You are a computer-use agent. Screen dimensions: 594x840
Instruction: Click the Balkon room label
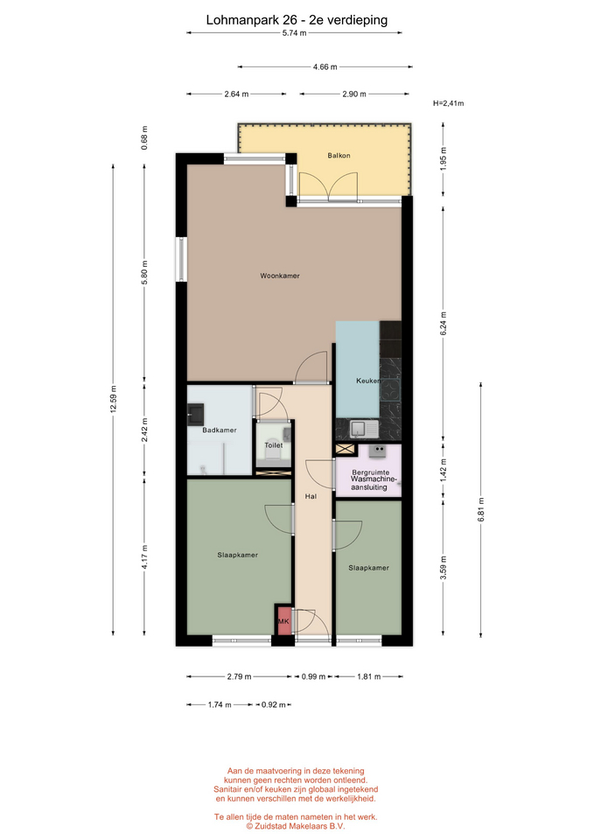click(x=339, y=156)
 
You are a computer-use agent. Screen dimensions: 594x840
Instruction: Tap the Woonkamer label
click(x=280, y=276)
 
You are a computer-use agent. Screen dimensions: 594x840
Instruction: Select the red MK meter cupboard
click(x=283, y=621)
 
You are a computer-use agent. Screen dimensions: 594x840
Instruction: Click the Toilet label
click(x=274, y=445)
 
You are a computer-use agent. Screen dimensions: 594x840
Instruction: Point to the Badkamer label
click(x=219, y=430)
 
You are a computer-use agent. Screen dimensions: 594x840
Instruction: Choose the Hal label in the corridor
click(x=311, y=497)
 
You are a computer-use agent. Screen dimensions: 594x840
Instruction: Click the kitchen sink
click(x=364, y=429)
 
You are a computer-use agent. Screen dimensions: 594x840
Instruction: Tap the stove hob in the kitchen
click(x=390, y=390)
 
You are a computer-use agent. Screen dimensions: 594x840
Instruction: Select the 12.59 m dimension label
click(x=113, y=400)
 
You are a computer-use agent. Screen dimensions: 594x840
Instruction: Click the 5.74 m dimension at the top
click(x=295, y=33)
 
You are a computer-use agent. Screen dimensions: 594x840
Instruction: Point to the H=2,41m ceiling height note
click(x=448, y=103)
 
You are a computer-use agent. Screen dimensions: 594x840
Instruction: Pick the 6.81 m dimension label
click(x=481, y=509)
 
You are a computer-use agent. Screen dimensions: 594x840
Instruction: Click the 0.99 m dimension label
click(x=313, y=676)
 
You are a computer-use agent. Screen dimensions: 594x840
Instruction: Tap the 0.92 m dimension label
click(x=273, y=705)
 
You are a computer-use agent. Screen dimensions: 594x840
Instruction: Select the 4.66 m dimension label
click(x=325, y=67)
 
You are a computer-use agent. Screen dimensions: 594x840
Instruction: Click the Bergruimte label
click(x=371, y=472)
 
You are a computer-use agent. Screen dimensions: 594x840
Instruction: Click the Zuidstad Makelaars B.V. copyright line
click(x=296, y=826)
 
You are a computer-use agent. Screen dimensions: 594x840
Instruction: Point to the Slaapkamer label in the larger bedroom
click(x=238, y=555)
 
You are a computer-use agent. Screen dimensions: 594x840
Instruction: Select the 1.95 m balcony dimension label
click(x=443, y=159)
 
